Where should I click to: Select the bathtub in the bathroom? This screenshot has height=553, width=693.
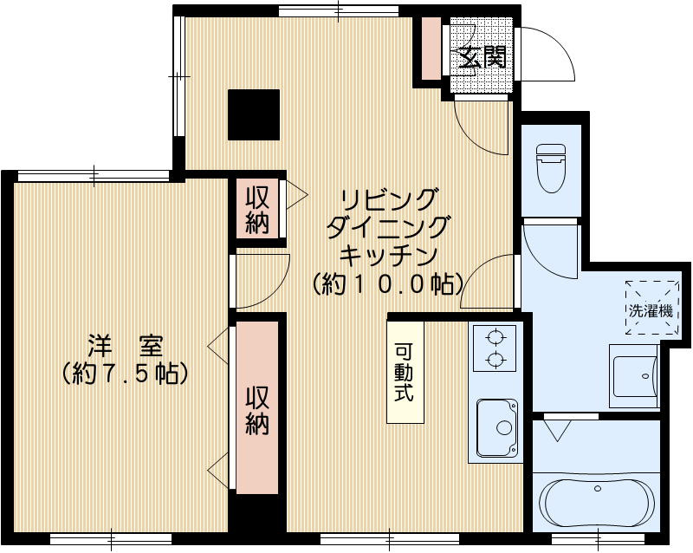click(x=599, y=502)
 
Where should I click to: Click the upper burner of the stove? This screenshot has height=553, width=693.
click(x=495, y=337)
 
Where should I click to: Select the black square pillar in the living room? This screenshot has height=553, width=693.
click(x=254, y=114)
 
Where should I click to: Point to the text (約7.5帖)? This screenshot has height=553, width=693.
click(x=126, y=374)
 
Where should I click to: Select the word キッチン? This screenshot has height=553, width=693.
click(x=387, y=256)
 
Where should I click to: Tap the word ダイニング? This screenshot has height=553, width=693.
click(x=387, y=227)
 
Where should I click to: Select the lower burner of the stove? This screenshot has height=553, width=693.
click(x=495, y=359)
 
